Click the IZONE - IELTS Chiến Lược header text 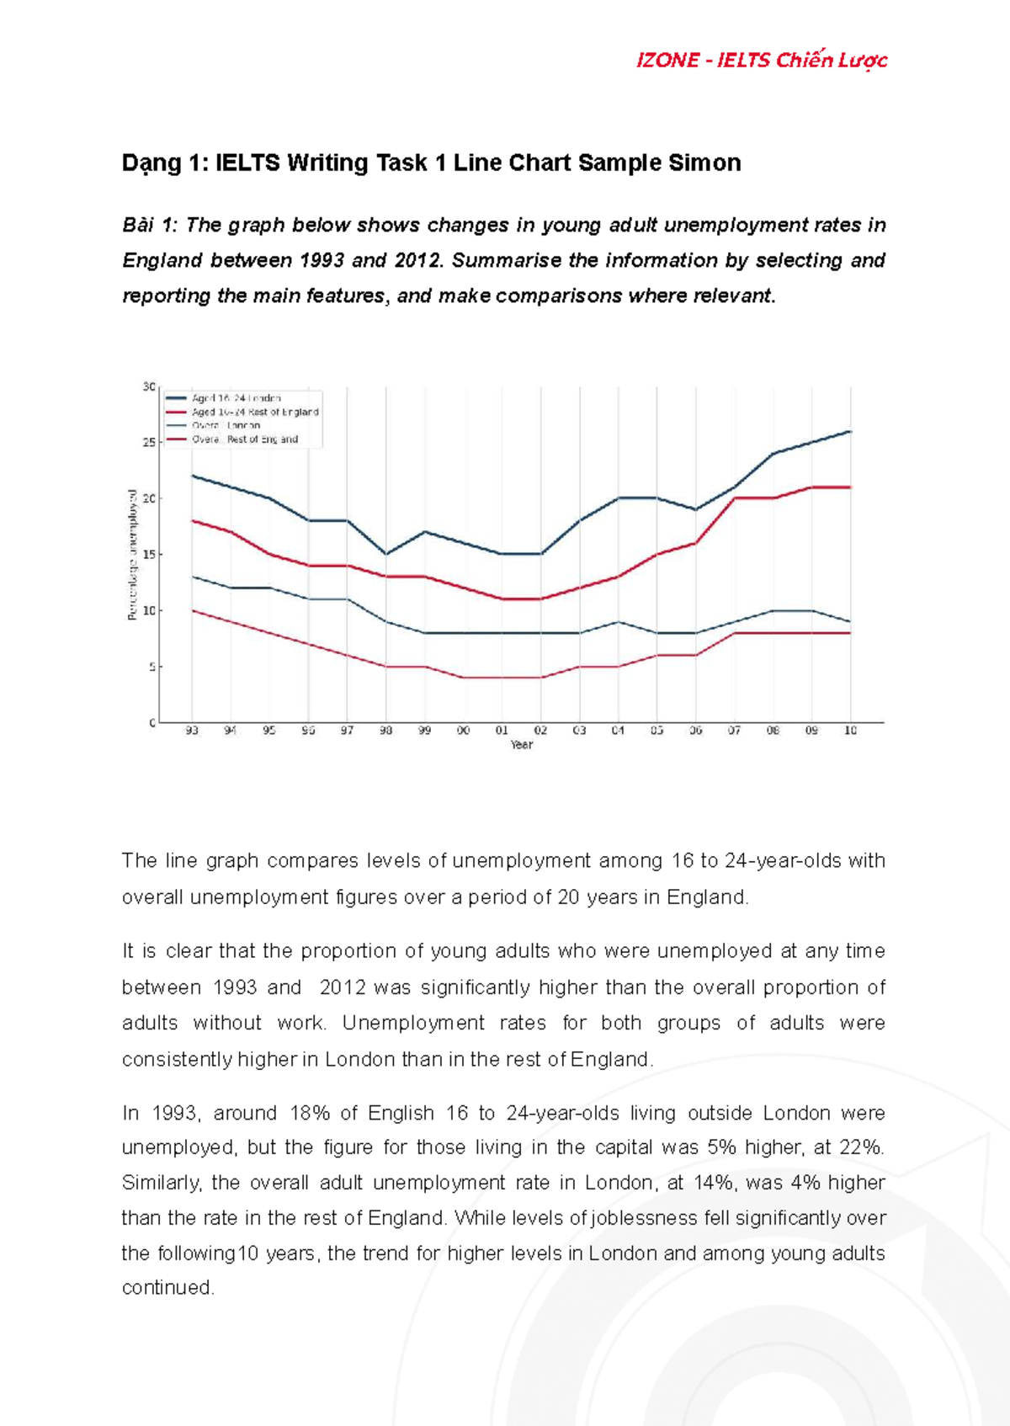coord(761,61)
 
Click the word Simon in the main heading coord(704,162)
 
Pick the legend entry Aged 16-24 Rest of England coord(254,412)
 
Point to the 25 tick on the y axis coord(149,442)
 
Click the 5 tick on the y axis coord(151,667)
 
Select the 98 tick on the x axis coord(385,731)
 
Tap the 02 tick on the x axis coord(540,731)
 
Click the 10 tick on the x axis coord(850,731)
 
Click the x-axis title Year coord(521,745)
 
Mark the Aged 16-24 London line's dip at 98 coord(385,554)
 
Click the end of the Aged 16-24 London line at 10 coord(850,432)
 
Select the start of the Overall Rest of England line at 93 coord(193,610)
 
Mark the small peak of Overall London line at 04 coord(618,622)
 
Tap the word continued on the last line coord(167,1288)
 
